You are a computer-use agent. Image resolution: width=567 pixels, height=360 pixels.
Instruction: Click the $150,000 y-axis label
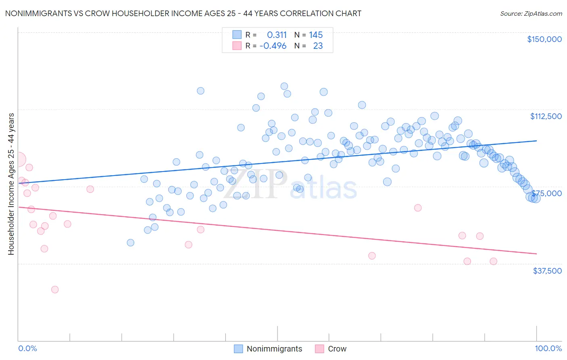point(544,39)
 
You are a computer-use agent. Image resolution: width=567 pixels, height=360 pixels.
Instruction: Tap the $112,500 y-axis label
point(546,116)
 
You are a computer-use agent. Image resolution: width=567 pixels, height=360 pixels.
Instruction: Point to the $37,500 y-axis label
point(547,271)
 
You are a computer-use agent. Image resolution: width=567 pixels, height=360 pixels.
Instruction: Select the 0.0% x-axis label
point(27,348)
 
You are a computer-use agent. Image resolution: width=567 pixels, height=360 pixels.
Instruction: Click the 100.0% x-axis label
point(548,348)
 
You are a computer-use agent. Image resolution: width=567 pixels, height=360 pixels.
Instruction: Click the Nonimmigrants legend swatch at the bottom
point(239,349)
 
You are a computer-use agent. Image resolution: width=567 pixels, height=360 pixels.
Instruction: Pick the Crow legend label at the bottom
point(337,349)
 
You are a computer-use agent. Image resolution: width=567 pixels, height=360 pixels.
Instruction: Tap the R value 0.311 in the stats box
point(277,35)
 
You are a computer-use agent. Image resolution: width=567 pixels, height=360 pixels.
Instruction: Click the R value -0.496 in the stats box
point(273,46)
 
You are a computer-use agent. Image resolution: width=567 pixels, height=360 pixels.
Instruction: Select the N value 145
point(316,35)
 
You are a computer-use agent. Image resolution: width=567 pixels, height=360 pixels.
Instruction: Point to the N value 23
point(318,46)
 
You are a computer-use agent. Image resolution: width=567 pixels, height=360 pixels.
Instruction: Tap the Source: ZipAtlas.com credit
point(531,13)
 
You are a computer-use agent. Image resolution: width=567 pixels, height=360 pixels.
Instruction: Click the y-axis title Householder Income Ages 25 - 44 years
point(11,184)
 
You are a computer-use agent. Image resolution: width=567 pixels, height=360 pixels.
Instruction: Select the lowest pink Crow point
point(55,289)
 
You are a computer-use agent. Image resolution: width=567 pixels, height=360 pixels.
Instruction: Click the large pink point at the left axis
point(18,159)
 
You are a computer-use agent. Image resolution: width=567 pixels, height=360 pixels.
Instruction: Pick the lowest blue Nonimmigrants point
point(130,243)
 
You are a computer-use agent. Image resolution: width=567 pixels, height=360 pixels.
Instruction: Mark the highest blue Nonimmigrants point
point(284,86)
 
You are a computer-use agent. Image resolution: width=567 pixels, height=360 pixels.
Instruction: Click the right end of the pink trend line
point(536,253)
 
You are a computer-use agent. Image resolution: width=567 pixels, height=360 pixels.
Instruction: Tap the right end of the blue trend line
point(536,140)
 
